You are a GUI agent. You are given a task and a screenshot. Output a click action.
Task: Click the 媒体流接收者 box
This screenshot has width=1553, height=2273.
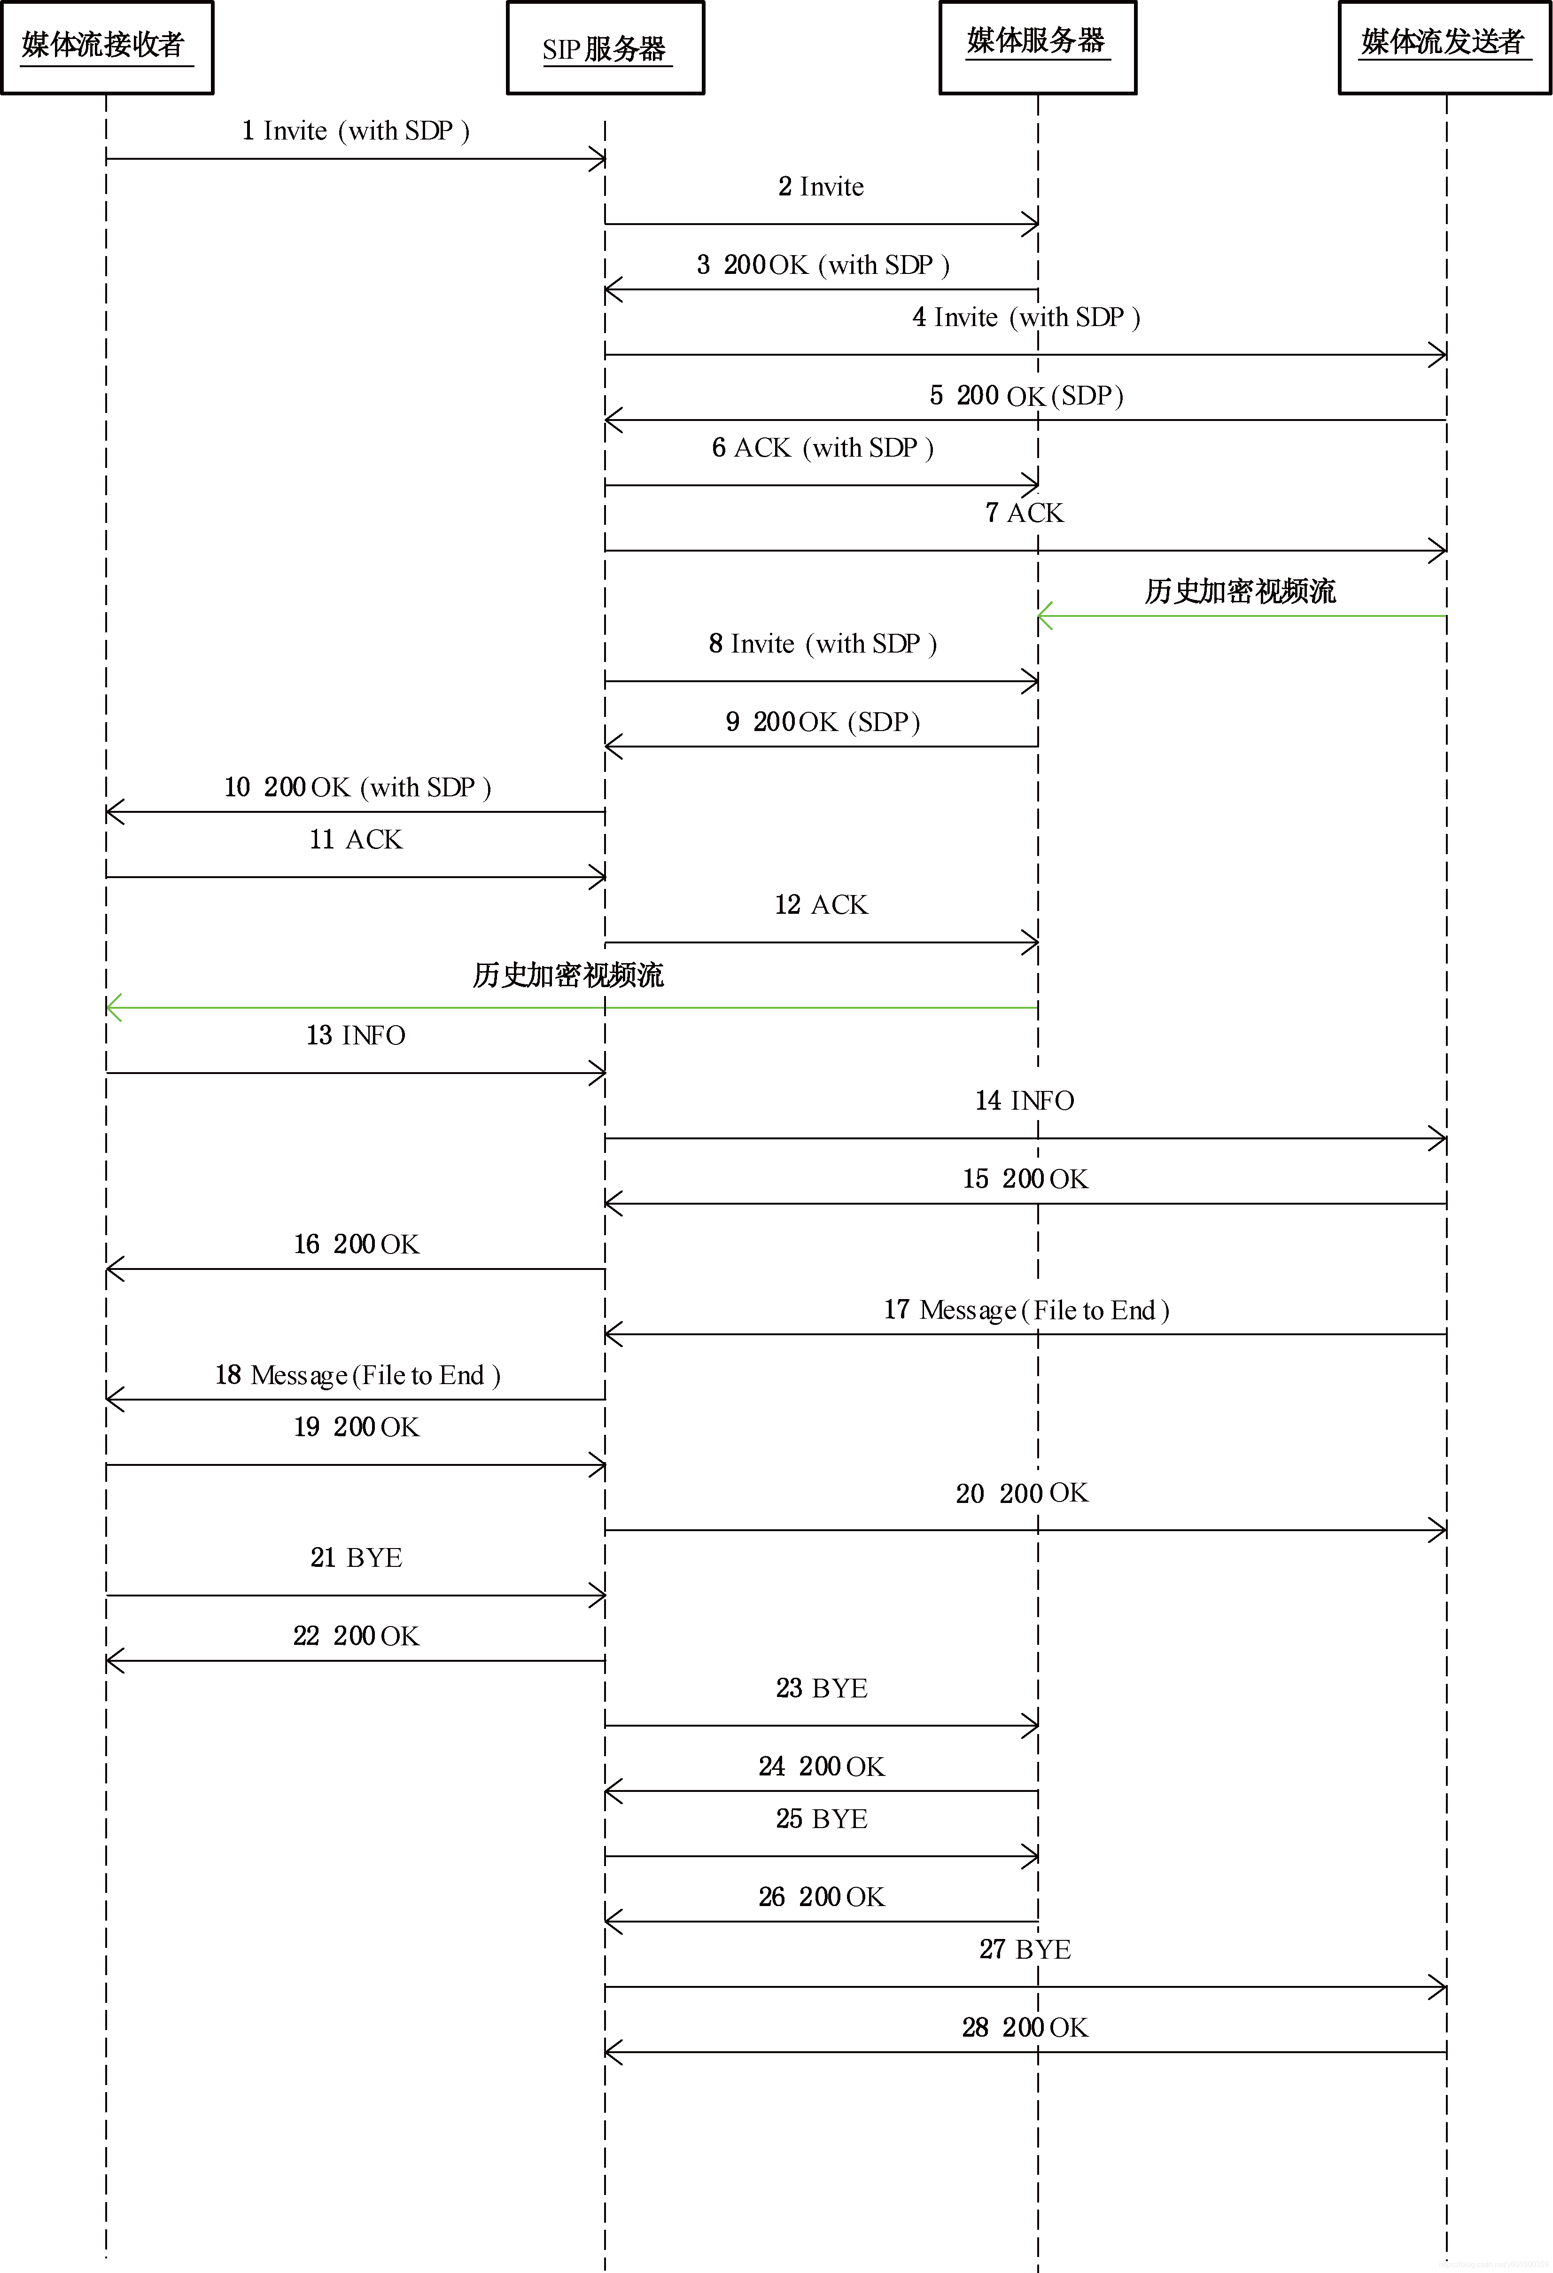click(x=107, y=47)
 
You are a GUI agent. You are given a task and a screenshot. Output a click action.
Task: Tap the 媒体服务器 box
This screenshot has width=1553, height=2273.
click(x=1038, y=47)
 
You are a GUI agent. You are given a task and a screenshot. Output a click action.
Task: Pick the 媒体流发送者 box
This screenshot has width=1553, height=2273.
click(x=1444, y=47)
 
